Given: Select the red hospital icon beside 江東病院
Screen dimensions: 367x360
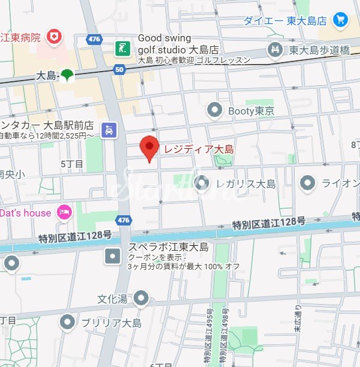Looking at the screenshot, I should (55, 37).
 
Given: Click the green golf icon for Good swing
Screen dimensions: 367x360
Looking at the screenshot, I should (123, 49).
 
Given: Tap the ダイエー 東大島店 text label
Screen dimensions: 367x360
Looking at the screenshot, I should (285, 20).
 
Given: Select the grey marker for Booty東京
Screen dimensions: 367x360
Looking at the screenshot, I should (214, 110).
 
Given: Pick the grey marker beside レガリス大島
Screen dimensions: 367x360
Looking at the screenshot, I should (202, 182).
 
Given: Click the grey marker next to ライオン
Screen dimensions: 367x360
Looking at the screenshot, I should (308, 182).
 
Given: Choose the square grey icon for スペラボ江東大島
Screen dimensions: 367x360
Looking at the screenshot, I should (113, 257).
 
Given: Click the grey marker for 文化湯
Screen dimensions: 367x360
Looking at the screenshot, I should (141, 297).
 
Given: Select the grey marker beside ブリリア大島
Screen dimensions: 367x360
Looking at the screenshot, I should (68, 323).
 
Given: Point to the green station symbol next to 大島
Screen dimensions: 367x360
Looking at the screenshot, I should (66, 76).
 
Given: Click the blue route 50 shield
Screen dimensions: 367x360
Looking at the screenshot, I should (119, 70).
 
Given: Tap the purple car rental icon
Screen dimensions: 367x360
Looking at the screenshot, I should (108, 130).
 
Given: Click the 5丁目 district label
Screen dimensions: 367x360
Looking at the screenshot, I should (72, 163).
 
